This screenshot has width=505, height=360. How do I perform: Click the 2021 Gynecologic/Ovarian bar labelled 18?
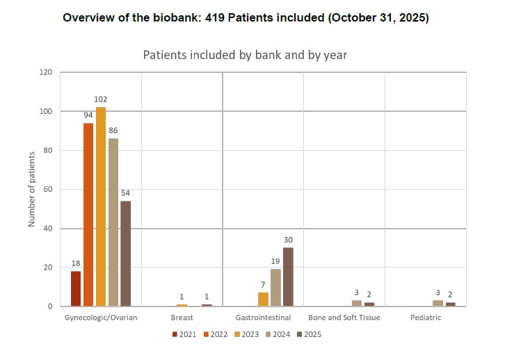tap(76, 288)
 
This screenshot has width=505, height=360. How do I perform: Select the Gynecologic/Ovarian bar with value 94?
tap(88, 214)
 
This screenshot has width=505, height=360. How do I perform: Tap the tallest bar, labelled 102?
tap(101, 206)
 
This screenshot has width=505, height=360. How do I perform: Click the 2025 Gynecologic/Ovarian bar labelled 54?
tap(126, 253)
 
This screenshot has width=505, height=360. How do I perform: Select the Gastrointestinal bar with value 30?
tap(288, 277)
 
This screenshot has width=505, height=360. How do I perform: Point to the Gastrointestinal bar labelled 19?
tap(275, 287)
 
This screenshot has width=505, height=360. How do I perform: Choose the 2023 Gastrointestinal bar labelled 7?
tap(263, 299)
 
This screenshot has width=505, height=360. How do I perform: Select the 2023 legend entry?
tap(246, 334)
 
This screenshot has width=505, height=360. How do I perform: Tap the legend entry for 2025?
tap(308, 334)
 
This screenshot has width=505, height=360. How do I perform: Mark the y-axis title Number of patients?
tap(31, 189)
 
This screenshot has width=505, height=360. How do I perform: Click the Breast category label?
tap(182, 318)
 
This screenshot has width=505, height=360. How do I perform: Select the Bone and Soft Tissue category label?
tap(344, 318)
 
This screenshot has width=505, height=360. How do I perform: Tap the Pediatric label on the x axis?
tap(425, 318)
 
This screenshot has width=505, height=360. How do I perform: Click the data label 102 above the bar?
tap(100, 99)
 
